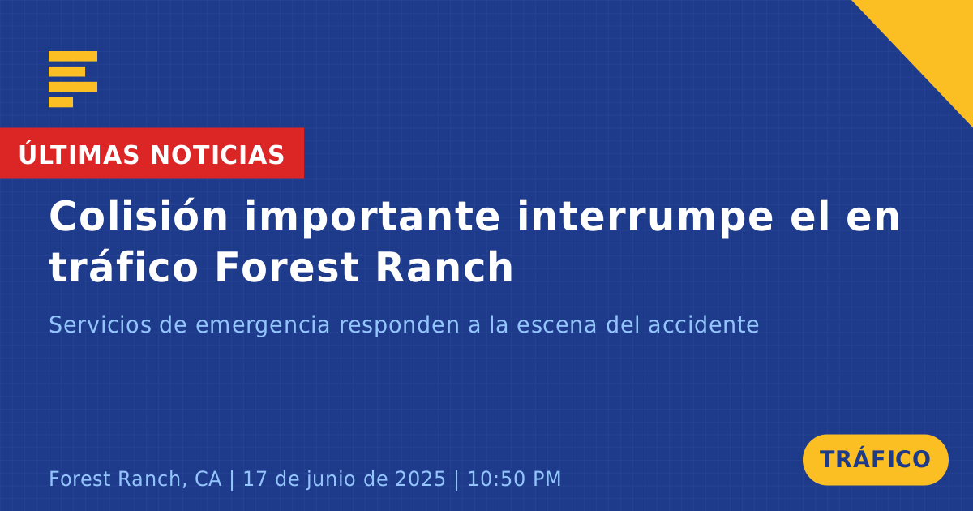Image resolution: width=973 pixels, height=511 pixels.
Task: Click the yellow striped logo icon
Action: pyautogui.click(x=73, y=79)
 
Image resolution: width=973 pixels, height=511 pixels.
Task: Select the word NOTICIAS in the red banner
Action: pyautogui.click(x=217, y=155)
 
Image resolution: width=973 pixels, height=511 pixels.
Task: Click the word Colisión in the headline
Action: pyautogui.click(x=138, y=216)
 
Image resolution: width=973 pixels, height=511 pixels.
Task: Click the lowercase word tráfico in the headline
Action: pyautogui.click(x=123, y=266)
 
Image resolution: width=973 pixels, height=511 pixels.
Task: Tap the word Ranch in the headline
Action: pyautogui.click(x=444, y=266)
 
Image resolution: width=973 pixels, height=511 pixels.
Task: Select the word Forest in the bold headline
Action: pyautogui.click(x=287, y=267)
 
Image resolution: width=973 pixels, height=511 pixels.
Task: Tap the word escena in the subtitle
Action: pyautogui.click(x=556, y=325)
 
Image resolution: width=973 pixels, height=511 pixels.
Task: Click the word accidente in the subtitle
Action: pyautogui.click(x=704, y=324)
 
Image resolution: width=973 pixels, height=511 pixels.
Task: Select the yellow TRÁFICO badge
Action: pyautogui.click(x=875, y=460)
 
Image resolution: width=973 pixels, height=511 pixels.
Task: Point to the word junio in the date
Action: pyautogui.click(x=330, y=479)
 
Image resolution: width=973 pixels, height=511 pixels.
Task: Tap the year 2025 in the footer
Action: pyautogui.click(x=421, y=479)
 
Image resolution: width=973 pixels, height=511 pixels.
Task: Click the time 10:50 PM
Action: pyautogui.click(x=514, y=479)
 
